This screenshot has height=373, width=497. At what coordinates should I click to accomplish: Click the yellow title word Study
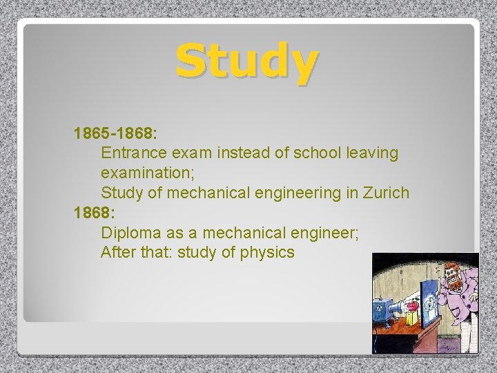(246, 61)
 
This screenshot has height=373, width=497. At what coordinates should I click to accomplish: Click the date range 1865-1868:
(116, 133)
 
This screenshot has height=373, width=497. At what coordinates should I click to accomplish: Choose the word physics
(267, 253)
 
